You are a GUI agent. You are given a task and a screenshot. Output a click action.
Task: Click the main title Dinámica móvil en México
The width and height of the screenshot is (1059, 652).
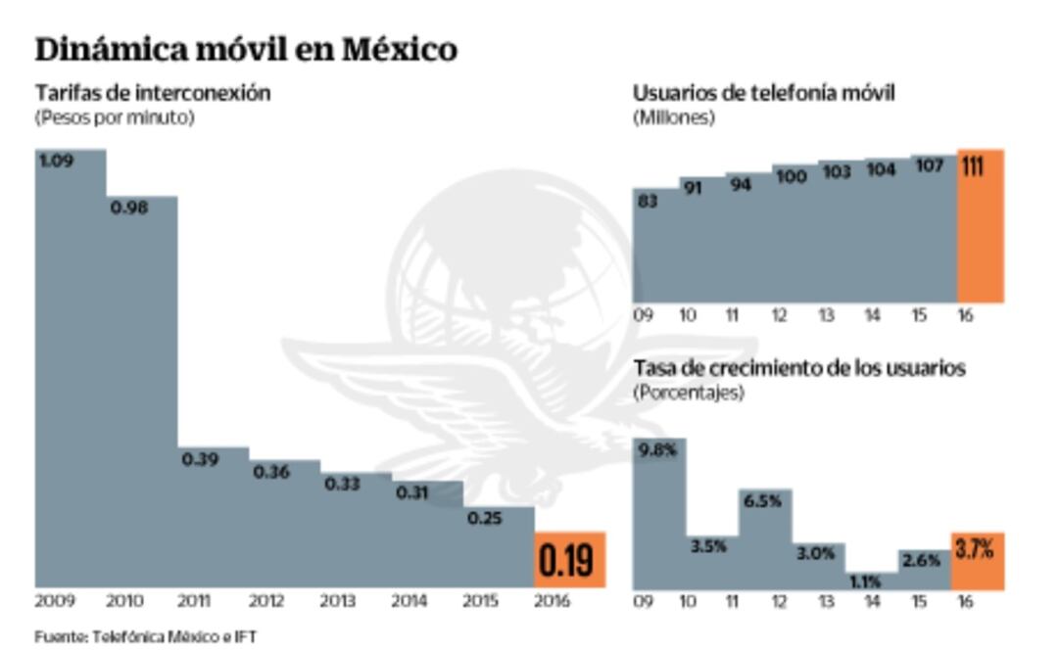click(246, 49)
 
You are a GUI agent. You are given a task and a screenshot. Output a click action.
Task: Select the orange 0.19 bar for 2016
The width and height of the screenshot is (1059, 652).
click(570, 560)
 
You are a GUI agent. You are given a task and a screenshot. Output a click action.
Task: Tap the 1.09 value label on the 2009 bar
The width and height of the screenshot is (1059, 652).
click(56, 161)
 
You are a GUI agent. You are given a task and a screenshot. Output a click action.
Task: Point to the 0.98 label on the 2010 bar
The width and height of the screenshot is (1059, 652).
click(128, 208)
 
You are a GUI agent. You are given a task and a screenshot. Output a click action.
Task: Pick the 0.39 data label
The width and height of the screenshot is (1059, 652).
click(200, 459)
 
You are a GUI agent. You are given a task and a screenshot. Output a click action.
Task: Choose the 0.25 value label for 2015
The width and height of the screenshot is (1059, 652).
click(484, 518)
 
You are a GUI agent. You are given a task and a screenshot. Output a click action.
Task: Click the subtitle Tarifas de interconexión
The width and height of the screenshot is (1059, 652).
click(153, 93)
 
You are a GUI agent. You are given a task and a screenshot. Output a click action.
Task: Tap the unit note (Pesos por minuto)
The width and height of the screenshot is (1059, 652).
click(115, 117)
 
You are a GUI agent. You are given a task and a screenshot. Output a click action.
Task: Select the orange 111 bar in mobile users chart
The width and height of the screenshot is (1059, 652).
click(980, 225)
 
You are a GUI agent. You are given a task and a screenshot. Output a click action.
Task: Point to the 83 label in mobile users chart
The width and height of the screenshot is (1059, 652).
click(647, 201)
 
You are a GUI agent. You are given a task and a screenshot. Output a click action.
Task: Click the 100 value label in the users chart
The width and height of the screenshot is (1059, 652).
click(791, 177)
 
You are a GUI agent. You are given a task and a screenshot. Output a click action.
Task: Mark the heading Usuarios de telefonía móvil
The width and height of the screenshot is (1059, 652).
click(764, 93)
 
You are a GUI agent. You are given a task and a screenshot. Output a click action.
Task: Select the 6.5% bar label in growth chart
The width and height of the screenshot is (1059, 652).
click(762, 501)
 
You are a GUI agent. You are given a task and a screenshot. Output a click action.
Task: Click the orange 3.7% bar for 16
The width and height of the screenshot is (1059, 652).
click(977, 560)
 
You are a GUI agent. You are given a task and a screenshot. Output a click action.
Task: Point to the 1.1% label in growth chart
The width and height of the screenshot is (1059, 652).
click(867, 581)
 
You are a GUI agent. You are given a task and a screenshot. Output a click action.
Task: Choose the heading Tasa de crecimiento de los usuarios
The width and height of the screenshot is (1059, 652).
click(799, 368)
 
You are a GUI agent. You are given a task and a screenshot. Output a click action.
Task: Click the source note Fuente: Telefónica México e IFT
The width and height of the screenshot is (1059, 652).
click(146, 636)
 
